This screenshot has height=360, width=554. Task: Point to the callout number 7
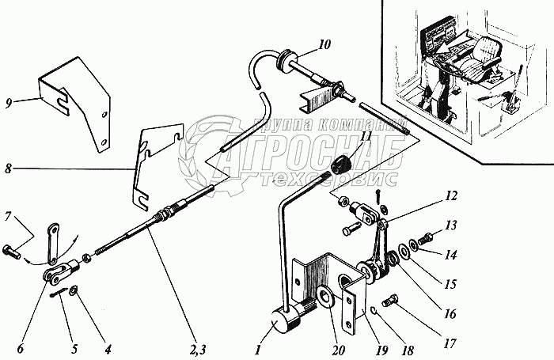tap(9, 216)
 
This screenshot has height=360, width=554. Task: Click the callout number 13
tap(450, 225)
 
